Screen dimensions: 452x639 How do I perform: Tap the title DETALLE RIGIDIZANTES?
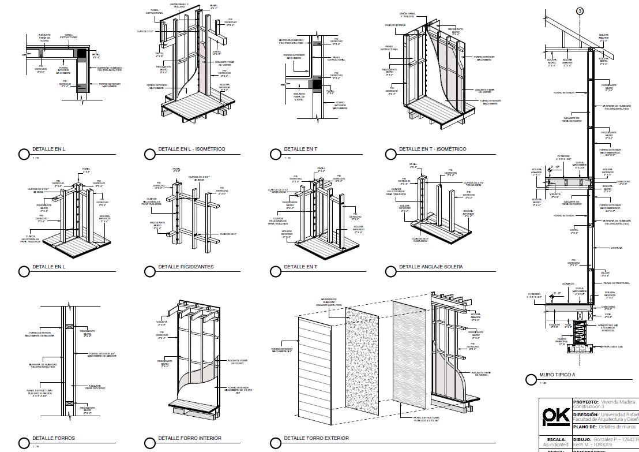coord(186,267)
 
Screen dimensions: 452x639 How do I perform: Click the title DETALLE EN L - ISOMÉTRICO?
coord(191,149)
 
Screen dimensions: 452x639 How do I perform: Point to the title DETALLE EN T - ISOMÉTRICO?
coord(433,149)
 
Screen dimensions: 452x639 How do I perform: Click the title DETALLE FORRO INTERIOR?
coord(190,438)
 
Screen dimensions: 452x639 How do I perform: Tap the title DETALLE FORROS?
coord(54,438)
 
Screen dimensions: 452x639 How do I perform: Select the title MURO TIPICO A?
coord(557,375)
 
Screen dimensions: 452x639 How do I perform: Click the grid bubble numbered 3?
coord(580,11)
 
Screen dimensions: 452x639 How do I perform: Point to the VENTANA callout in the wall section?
coord(617,248)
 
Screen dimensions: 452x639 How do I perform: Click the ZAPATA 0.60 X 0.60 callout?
coord(612,347)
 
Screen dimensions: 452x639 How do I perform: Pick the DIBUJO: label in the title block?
coord(584,439)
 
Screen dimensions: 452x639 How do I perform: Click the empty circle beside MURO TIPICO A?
coord(531,379)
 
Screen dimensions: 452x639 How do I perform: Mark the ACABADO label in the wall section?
coord(569,283)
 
